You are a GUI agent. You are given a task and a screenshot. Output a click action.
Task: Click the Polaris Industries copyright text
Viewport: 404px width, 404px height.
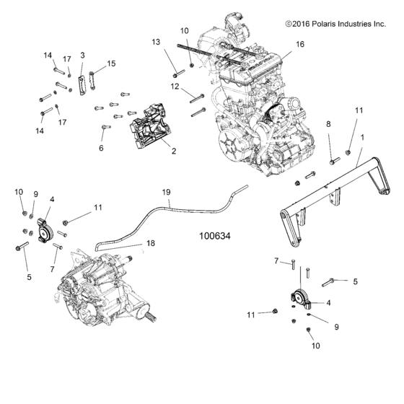pyautogui.click(x=335, y=24)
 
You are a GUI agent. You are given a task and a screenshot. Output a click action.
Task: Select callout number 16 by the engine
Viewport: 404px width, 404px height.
pyautogui.click(x=300, y=44)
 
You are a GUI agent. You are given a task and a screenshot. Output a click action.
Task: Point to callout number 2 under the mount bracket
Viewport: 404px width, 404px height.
pyautogui.click(x=173, y=151)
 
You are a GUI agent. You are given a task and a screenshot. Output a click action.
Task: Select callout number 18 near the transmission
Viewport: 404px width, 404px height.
pyautogui.click(x=151, y=245)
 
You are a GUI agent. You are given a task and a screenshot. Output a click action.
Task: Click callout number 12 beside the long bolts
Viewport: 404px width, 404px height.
pyautogui.click(x=175, y=87)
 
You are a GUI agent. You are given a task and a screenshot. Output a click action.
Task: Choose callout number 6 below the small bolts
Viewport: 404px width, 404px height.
pyautogui.click(x=102, y=147)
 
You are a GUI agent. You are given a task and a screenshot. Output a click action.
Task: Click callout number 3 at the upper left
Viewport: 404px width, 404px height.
pyautogui.click(x=82, y=55)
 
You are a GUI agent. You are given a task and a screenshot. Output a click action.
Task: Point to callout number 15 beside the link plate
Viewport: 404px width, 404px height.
pyautogui.click(x=112, y=63)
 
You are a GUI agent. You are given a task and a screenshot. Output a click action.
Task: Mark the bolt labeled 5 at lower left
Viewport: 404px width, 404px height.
pyautogui.click(x=19, y=247)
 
